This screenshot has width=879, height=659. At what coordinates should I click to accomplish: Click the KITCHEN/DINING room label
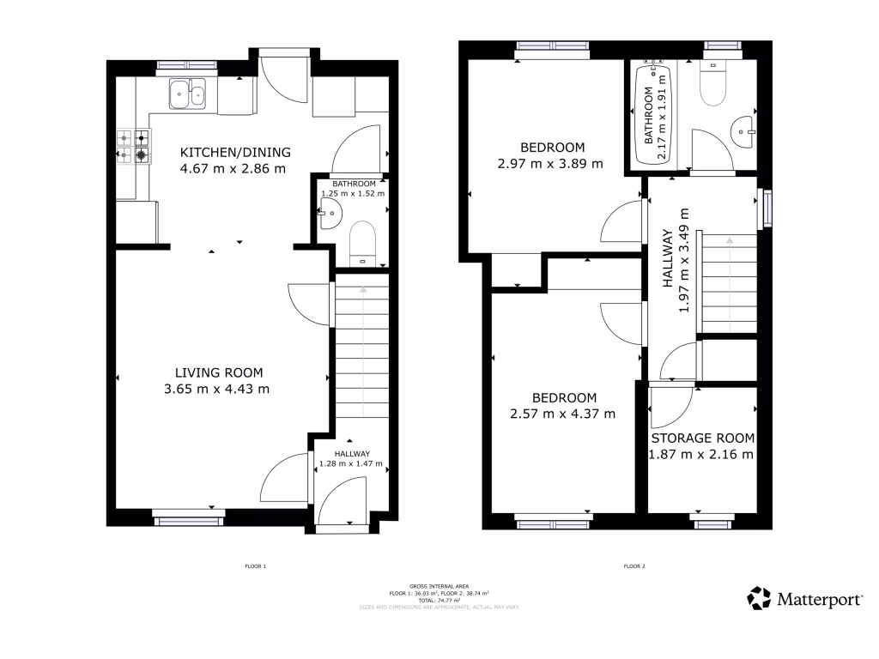pyautogui.click(x=234, y=153)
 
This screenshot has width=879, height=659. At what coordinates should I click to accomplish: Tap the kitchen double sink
pyautogui.click(x=188, y=94)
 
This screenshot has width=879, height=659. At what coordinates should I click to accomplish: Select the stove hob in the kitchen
pyautogui.click(x=133, y=146)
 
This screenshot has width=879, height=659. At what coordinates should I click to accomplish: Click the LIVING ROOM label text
pyautogui.click(x=218, y=372)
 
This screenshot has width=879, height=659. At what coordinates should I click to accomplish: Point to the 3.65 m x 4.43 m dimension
pyautogui.click(x=217, y=389)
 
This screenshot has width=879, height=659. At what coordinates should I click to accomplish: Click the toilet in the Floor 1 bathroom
pyautogui.click(x=363, y=241)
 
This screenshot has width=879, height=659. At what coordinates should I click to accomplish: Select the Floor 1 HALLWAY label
pyautogui.click(x=352, y=454)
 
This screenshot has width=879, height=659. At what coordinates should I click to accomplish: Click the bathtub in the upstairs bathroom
pyautogui.click(x=652, y=115)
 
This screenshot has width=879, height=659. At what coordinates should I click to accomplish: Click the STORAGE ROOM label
pyautogui.click(x=701, y=438)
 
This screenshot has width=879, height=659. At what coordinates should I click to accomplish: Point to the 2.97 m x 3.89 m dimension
pyautogui.click(x=550, y=162)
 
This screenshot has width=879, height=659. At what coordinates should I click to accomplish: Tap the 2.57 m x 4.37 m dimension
pyautogui.click(x=563, y=414)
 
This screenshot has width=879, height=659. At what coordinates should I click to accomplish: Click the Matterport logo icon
pyautogui.click(x=759, y=598)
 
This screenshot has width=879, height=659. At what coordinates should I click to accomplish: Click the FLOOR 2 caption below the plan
pyautogui.click(x=633, y=566)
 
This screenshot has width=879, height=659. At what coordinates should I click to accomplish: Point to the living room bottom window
pyautogui.click(x=189, y=516)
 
